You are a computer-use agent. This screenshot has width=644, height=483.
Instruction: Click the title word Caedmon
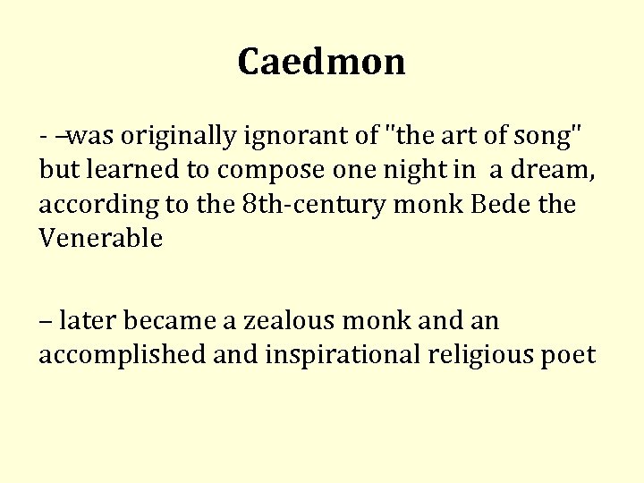click(322, 62)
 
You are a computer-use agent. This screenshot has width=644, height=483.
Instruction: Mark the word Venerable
click(100, 239)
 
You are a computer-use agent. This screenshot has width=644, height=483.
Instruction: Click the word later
click(91, 320)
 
